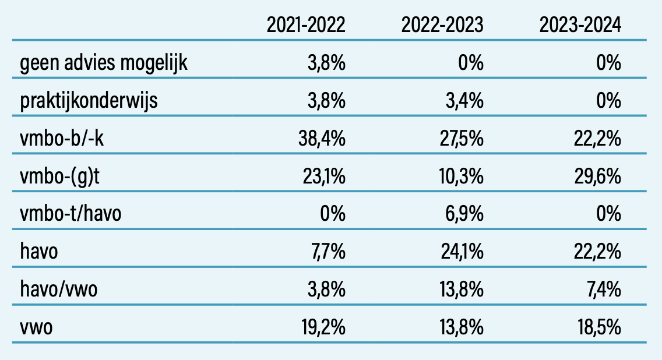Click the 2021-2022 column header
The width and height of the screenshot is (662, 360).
tap(306, 25)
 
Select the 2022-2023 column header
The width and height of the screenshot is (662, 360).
tap(442, 25)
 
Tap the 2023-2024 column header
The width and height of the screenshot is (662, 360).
tap(580, 25)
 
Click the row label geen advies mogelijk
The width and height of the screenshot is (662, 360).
tap(104, 63)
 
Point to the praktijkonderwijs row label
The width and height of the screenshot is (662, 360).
tap(89, 101)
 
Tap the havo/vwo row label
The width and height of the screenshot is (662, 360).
tap(58, 290)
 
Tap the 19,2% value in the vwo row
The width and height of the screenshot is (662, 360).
tap(324, 327)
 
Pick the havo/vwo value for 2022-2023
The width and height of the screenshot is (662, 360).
tap(461, 290)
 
